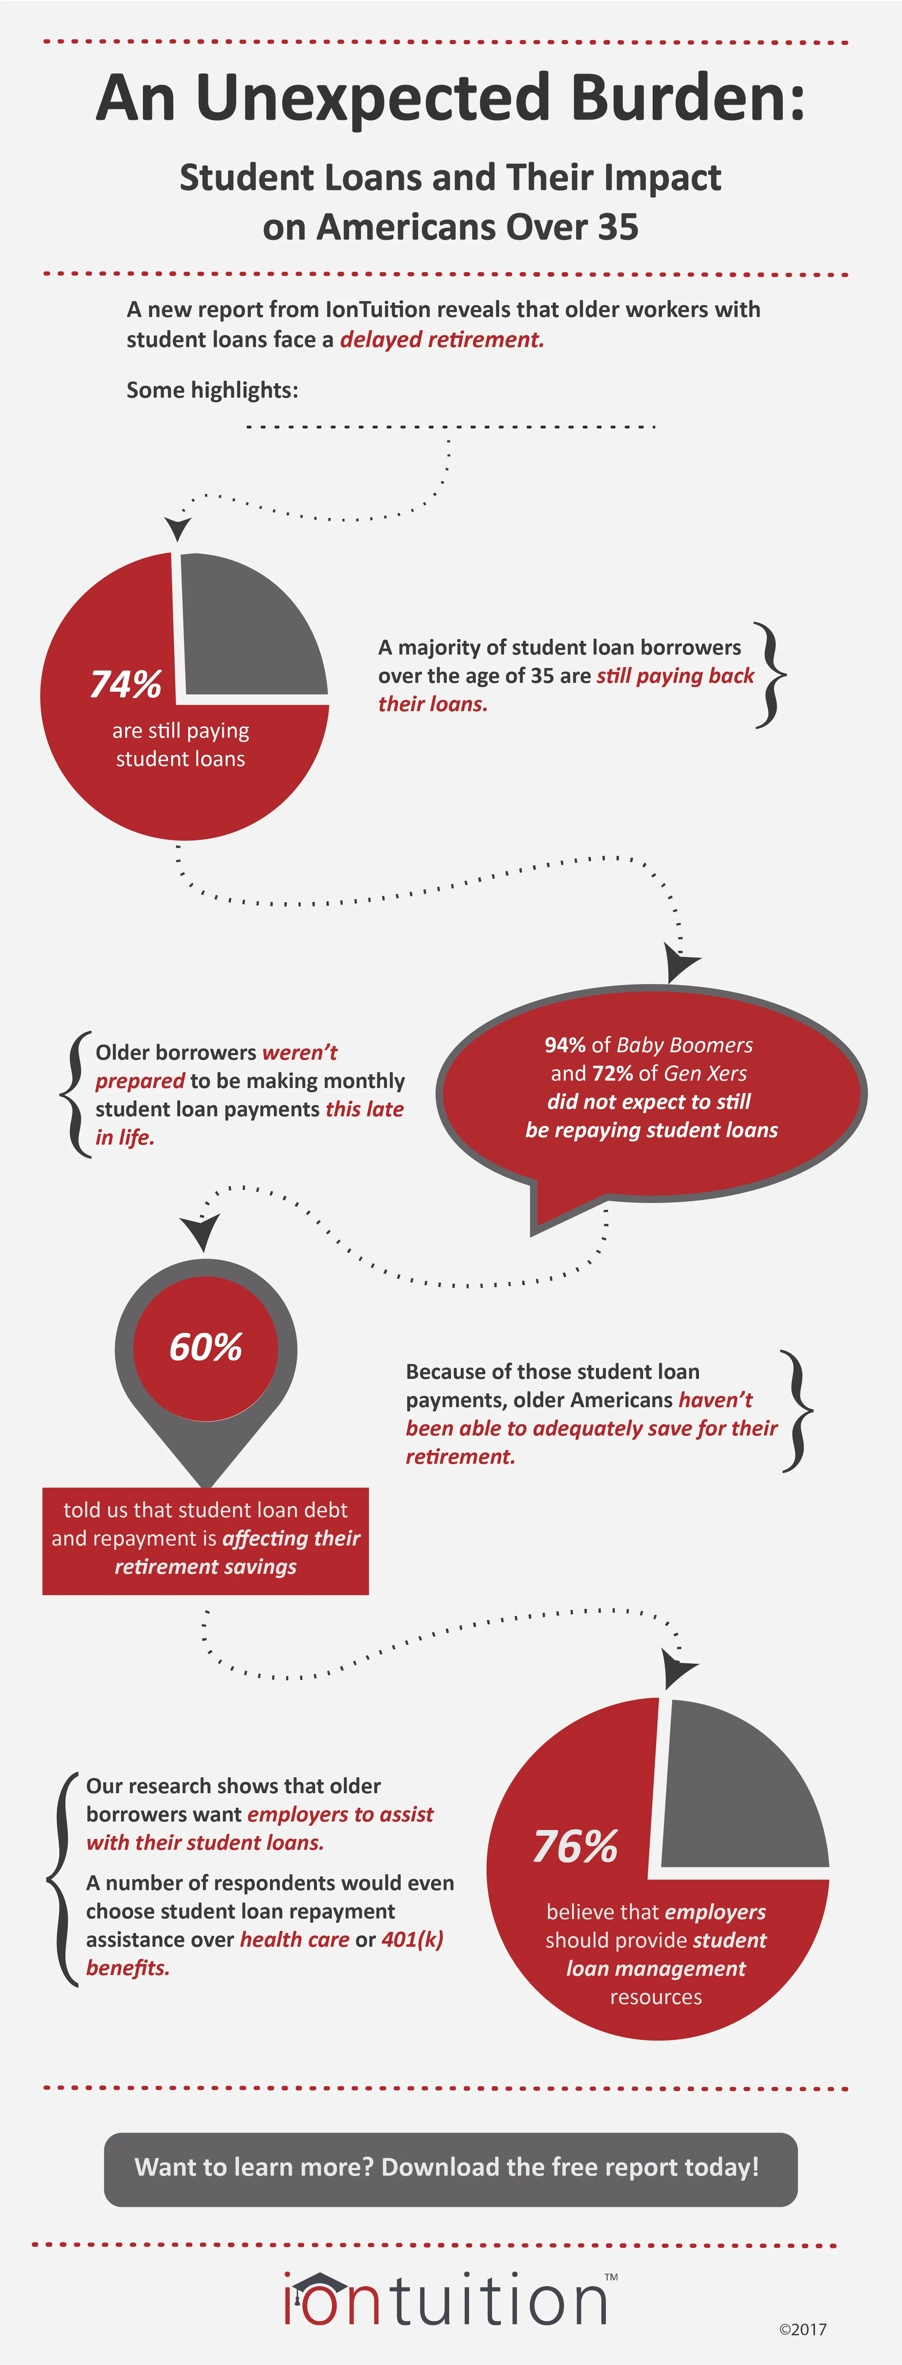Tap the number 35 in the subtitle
click(618, 227)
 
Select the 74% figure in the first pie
click(126, 684)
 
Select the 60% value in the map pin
click(206, 1347)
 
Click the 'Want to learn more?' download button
click(451, 2169)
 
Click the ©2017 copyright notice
click(803, 2329)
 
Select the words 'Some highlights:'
click(212, 390)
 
